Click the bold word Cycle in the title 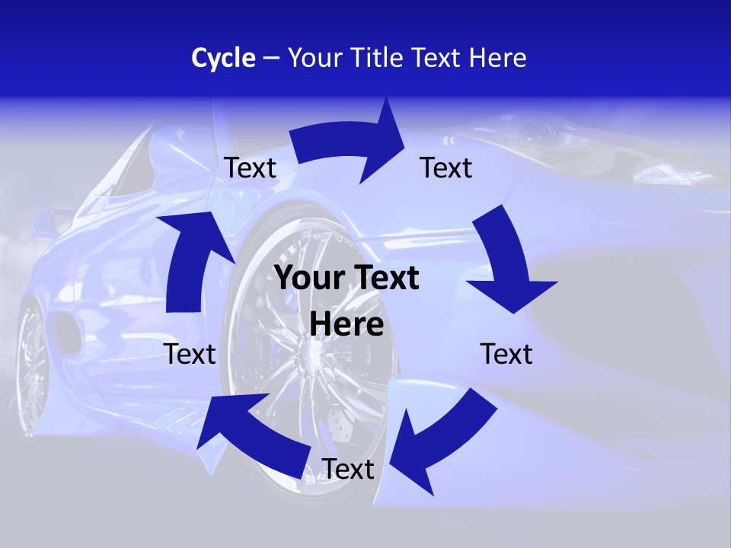click(223, 58)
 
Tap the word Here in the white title click(496, 58)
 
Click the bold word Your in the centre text click(306, 279)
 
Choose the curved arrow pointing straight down click(509, 263)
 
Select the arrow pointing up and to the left click(247, 434)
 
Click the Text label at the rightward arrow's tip click(446, 167)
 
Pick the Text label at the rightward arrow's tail click(251, 167)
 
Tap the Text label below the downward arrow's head click(506, 354)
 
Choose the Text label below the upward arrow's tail click(190, 354)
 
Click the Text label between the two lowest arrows click(348, 470)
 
